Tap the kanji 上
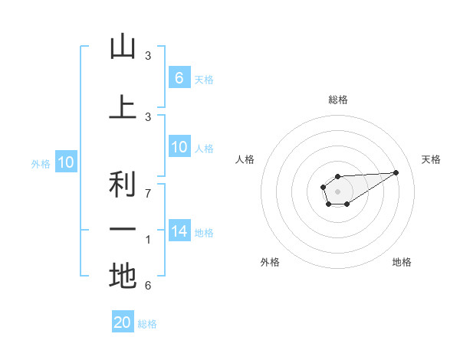coord(123,107)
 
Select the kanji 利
coord(123,185)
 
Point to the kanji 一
coord(123,231)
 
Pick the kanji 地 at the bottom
coord(123,277)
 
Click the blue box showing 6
coord(179,77)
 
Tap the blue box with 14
coord(179,231)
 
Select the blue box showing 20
coord(123,322)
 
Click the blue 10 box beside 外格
coord(65,162)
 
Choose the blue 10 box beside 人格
coord(179,147)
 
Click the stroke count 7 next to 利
coord(148,194)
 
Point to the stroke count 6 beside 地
coord(148,286)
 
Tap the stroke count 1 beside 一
coord(148,240)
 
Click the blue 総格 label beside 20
coord(147,324)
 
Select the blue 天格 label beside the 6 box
coord(204,79)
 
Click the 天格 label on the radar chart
coord(432,159)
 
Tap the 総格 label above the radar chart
coord(338,100)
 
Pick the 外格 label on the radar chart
coord(270,262)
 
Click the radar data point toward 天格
coord(396,172)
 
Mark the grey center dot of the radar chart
coord(337,191)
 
